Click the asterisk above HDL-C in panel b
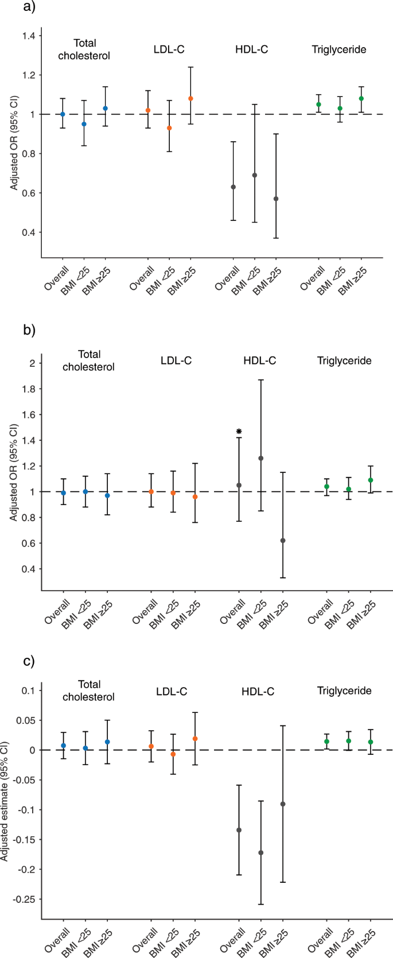pyautogui.click(x=239, y=431)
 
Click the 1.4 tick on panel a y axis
pyautogui.click(x=29, y=36)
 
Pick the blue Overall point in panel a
pyautogui.click(x=63, y=114)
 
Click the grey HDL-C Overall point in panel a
pyautogui.click(x=233, y=187)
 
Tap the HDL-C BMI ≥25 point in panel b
pyautogui.click(x=282, y=540)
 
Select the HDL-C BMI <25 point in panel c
pyautogui.click(x=260, y=852)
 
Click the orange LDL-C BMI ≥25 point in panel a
pyautogui.click(x=190, y=99)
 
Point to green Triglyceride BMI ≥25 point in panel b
pyautogui.click(x=370, y=480)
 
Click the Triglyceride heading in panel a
pyautogui.click(x=338, y=49)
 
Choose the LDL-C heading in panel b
pyautogui.click(x=176, y=360)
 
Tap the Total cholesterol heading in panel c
pyautogui.click(x=88, y=691)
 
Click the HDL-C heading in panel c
pyautogui.click(x=258, y=691)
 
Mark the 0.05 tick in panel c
pyautogui.click(x=27, y=720)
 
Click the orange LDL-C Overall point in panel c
pyautogui.click(x=151, y=746)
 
